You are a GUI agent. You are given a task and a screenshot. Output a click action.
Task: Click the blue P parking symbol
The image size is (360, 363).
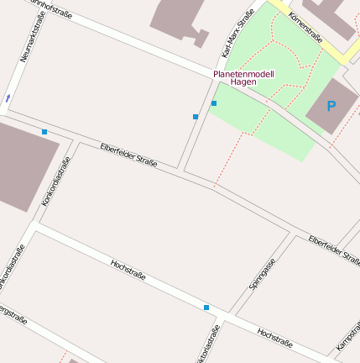331,107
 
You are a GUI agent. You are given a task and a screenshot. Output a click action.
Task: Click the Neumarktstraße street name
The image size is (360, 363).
33,36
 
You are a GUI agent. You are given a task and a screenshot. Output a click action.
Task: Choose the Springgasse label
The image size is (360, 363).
262,275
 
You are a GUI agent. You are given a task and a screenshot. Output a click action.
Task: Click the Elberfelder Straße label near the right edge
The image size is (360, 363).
334,250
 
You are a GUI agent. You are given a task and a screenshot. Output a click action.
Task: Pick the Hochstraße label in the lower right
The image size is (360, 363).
274,339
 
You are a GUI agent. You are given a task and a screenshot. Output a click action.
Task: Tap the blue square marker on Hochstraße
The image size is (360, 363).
206,308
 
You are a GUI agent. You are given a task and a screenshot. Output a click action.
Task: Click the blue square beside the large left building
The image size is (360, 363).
44,132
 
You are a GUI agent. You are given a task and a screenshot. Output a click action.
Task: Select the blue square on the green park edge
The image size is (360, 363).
214,103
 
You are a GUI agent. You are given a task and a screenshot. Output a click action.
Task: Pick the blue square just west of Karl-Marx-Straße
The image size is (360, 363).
196,116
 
